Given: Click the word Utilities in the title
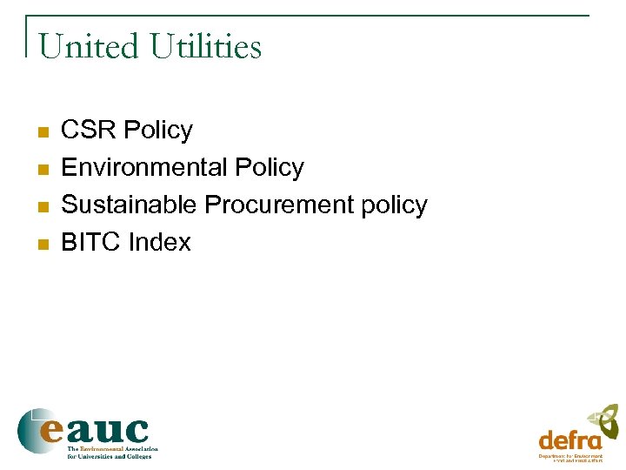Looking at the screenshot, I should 205,46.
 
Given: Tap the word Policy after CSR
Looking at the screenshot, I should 157,131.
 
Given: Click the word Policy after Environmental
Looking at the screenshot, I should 269,168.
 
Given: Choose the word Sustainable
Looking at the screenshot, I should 130,205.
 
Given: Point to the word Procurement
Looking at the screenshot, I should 279,205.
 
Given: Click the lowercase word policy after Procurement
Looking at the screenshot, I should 395,206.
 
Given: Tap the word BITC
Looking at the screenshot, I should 91,243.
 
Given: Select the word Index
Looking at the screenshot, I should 159,243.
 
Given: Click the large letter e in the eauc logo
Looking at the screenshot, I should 49,430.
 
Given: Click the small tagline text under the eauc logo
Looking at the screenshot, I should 112,452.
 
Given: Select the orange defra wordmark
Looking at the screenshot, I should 570,440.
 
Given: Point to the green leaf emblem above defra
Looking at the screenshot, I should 605,420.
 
